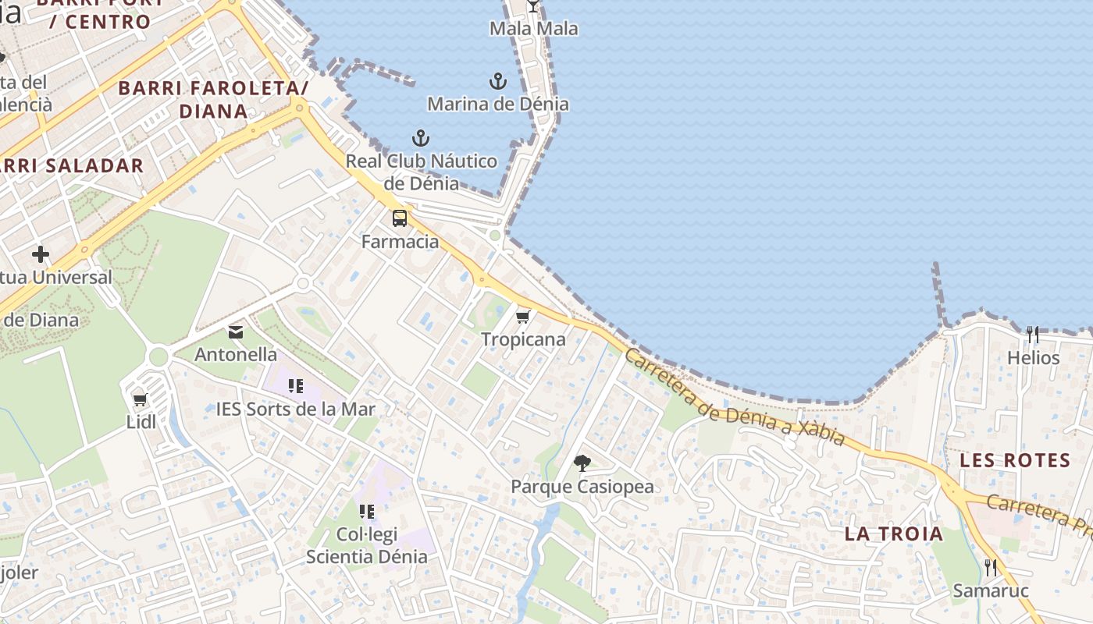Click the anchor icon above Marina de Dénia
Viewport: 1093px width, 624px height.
(497, 81)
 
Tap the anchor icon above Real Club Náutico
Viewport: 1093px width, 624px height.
(421, 139)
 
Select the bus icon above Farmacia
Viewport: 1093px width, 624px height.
(400, 218)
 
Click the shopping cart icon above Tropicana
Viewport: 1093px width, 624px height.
(523, 317)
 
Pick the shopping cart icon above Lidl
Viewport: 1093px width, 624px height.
(141, 400)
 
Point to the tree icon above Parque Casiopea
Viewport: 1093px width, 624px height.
(582, 463)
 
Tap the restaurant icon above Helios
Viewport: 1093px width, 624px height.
(1033, 335)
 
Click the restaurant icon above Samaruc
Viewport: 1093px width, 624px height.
(991, 567)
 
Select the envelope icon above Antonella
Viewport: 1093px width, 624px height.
(235, 332)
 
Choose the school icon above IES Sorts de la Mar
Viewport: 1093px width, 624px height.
(295, 385)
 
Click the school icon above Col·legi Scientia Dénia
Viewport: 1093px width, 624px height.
(366, 512)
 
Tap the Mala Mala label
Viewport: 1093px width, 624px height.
(534, 29)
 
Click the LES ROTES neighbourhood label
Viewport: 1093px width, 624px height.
(1015, 460)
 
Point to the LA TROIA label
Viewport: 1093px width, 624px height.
(894, 534)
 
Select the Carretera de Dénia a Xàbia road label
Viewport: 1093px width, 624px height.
(735, 398)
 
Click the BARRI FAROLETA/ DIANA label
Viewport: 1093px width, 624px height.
(213, 99)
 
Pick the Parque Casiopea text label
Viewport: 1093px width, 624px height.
(582, 487)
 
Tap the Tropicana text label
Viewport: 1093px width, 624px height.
(523, 339)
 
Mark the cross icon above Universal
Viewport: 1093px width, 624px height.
(41, 254)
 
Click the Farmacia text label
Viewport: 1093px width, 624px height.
(400, 242)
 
